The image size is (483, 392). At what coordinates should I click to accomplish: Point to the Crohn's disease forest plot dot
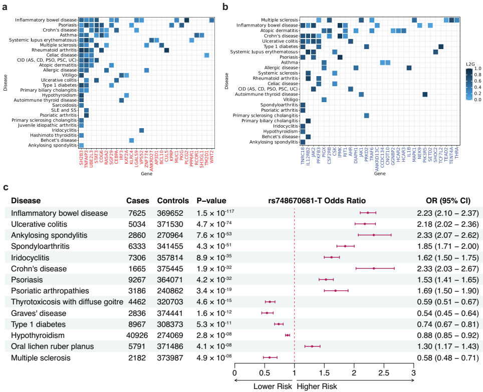(x=374, y=268)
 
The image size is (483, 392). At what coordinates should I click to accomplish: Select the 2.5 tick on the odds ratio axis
(x=384, y=373)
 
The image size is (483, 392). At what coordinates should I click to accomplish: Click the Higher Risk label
(x=317, y=386)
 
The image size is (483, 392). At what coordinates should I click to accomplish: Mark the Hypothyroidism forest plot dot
(x=288, y=335)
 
